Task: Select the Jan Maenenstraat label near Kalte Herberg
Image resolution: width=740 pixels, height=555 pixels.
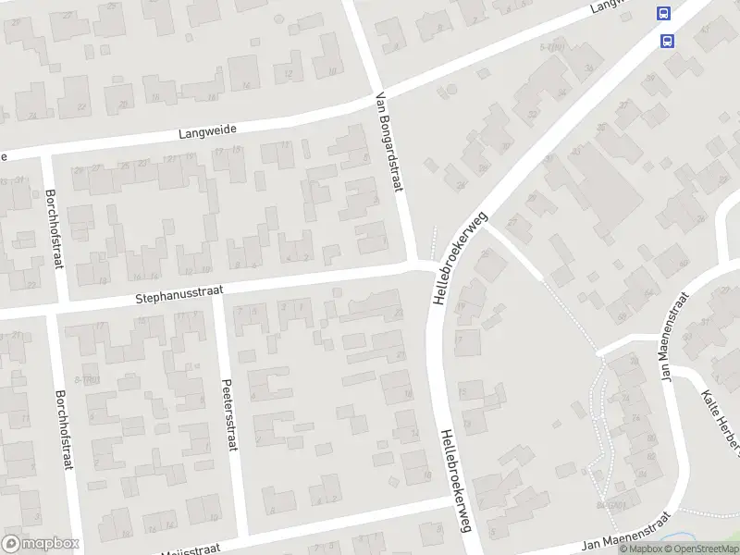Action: (x=672, y=339)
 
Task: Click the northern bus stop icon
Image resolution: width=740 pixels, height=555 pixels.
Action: (x=663, y=14)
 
